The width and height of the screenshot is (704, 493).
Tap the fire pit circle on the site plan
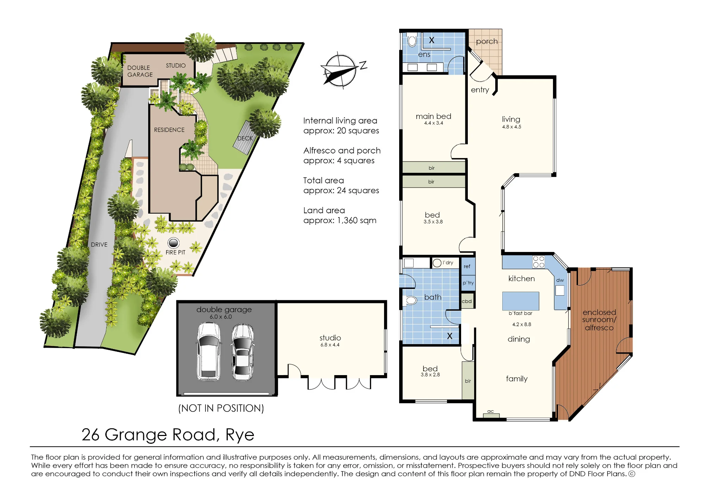[x=174, y=243]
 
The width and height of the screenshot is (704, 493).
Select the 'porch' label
[x=487, y=42]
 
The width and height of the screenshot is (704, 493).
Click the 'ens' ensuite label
[x=424, y=55]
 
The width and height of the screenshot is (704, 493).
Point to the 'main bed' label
[x=433, y=116]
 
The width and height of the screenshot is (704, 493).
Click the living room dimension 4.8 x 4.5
[x=511, y=127]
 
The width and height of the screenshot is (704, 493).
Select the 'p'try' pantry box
[x=468, y=283]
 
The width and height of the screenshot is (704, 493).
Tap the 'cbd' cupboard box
[x=467, y=301]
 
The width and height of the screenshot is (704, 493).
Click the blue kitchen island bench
[x=520, y=301]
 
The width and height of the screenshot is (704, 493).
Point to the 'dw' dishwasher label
[x=560, y=280]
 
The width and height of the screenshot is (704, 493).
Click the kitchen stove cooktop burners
[x=539, y=262]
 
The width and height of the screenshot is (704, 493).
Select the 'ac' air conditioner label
[x=490, y=411]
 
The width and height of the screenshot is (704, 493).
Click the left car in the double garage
[x=209, y=352]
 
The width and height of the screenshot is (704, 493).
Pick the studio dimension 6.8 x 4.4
[x=330, y=345]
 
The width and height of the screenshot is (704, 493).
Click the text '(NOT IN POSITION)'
[x=221, y=408]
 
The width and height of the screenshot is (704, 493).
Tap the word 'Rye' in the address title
[x=240, y=435]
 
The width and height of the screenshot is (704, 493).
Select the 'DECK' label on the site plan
[x=245, y=138]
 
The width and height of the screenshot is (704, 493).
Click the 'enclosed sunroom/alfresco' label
[x=599, y=320]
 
